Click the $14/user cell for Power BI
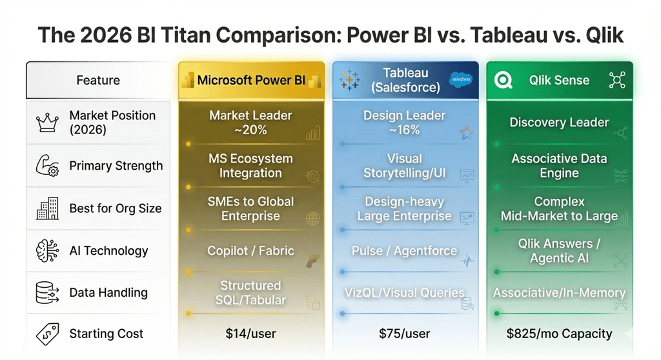(250, 334)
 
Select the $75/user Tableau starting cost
(405, 334)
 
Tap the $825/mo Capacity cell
(559, 334)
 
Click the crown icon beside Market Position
(47, 123)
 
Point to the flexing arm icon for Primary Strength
(47, 166)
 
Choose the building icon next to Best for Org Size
(47, 208)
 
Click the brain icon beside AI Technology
(47, 251)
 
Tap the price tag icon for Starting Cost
(47, 334)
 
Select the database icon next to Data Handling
(47, 293)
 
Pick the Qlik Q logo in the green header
(503, 80)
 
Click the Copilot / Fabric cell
(250, 251)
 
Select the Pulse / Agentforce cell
(405, 251)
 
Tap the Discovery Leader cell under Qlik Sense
(559, 123)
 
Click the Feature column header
(98, 80)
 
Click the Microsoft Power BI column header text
(251, 81)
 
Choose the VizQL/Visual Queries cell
(405, 292)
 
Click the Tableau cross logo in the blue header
(350, 80)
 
